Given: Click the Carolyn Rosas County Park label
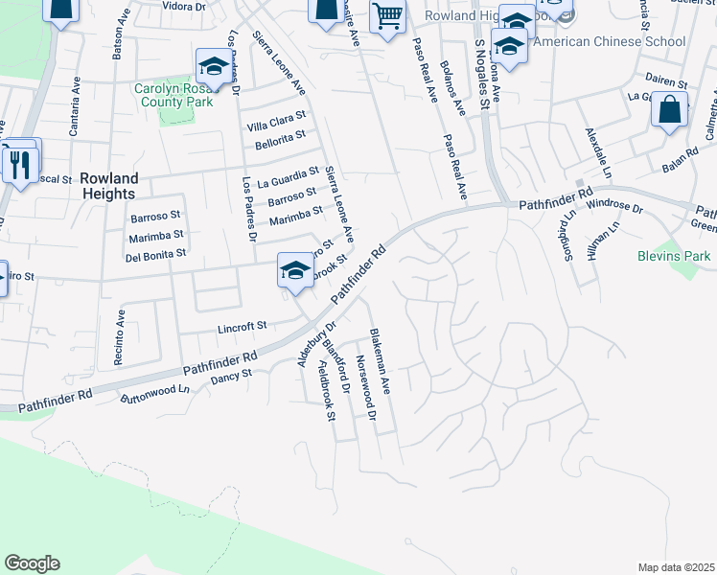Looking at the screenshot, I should tap(173, 95).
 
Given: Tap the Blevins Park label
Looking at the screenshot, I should tap(674, 256).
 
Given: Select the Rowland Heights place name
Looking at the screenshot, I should tap(109, 186).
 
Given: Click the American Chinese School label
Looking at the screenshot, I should tap(609, 41).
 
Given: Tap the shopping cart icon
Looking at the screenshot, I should tap(387, 16).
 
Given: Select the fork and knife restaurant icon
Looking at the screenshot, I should tap(20, 164).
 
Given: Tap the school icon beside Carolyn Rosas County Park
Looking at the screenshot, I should tap(213, 67).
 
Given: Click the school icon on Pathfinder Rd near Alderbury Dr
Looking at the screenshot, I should tap(295, 269).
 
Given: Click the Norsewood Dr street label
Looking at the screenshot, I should tap(365, 388).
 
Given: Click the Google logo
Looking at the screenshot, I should tap(32, 563).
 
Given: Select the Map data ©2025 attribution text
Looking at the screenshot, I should tap(676, 567).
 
